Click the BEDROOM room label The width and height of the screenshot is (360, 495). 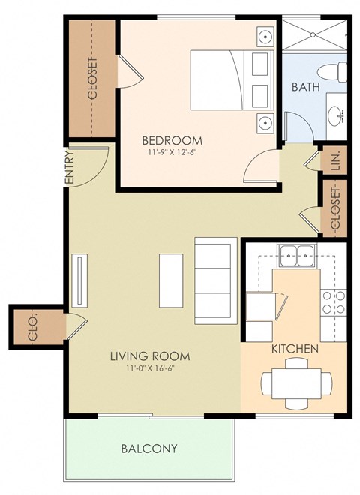pos(172,140)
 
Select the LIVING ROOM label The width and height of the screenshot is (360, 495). pos(149,355)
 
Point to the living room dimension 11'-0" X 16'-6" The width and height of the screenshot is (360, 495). pos(149,367)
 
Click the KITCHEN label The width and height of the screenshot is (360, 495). pos(295,349)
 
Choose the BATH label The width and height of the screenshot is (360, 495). pos(306,87)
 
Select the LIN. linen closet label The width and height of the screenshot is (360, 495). pos(334,160)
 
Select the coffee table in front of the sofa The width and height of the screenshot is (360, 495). pos(170,279)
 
